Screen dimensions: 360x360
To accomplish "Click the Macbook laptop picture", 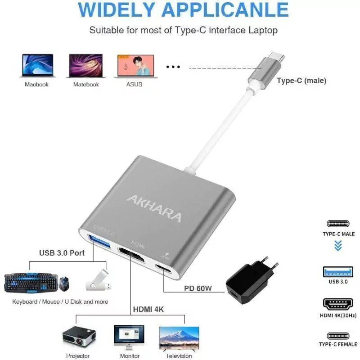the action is coord(38,65).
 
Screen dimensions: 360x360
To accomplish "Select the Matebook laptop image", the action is coord(86,66).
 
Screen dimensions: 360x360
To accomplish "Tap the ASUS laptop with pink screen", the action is coord(136,66).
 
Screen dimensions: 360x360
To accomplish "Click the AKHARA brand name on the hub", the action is coord(154,208).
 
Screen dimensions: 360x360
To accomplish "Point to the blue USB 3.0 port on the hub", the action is coord(99,240).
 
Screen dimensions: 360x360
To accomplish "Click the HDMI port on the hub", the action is coord(131,255).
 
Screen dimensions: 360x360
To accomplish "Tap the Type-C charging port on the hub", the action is coord(163,268).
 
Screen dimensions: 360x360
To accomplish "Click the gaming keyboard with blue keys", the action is coord(31,283).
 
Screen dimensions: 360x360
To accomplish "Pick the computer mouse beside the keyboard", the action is coord(64,284).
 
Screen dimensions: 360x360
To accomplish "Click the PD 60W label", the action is coord(198,288).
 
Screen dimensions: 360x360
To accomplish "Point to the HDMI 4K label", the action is coord(148,309).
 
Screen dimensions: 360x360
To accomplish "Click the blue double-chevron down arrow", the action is coord(338,245).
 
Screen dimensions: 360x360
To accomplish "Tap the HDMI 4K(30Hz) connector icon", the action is coord(338,304).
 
